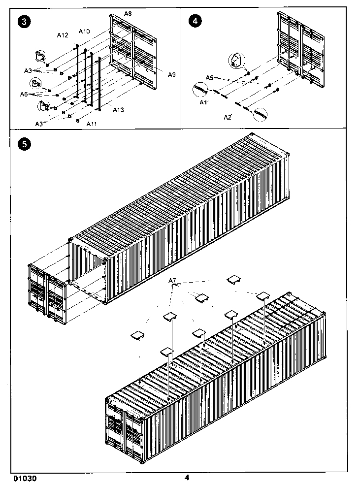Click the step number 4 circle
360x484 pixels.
[x=196, y=22]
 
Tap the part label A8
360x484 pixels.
[x=128, y=14]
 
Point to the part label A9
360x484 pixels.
[x=171, y=74]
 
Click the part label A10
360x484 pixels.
[x=84, y=32]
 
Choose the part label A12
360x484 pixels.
[x=62, y=35]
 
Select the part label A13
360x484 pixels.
[x=118, y=109]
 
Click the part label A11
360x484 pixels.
[x=91, y=124]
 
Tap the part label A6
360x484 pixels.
[x=25, y=94]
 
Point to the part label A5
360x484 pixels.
[x=209, y=78]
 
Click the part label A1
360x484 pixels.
[x=204, y=102]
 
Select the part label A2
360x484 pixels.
[x=228, y=117]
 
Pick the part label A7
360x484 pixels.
[x=172, y=281]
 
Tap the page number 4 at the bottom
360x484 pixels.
[x=187, y=477]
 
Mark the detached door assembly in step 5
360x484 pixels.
[x=47, y=294]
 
